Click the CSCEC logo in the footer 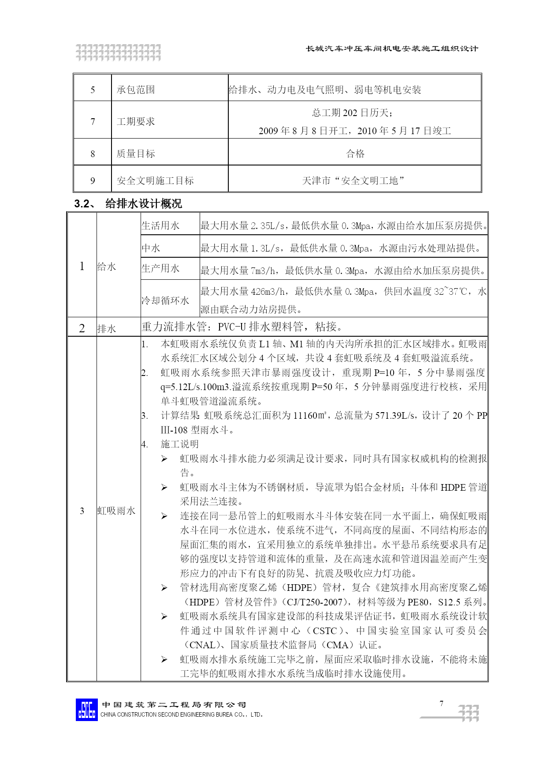tap(86, 710)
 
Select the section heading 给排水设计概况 tap(143, 204)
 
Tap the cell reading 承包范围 tap(136, 90)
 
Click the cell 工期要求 tap(136, 121)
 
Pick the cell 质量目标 tap(136, 154)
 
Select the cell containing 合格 tap(355, 154)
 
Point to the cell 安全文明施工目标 tap(155, 180)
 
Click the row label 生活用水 tap(160, 226)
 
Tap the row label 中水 tap(151, 248)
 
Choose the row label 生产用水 tap(160, 269)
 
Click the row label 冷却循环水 tap(165, 301)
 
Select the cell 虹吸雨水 tap(116, 511)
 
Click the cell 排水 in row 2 tap(107, 329)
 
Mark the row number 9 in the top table tap(93, 180)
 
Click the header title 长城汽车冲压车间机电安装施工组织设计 tap(392, 49)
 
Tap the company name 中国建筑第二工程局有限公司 tap(174, 705)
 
